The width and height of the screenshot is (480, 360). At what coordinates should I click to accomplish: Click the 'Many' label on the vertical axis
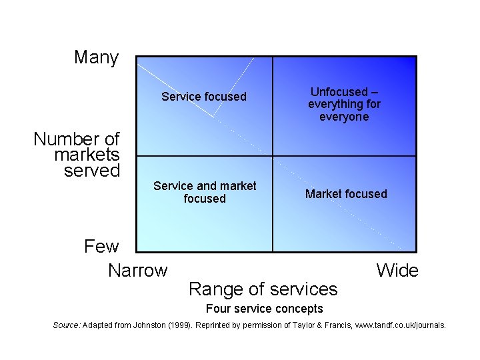pyautogui.click(x=96, y=57)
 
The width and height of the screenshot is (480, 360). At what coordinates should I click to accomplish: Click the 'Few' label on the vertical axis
pyautogui.click(x=101, y=247)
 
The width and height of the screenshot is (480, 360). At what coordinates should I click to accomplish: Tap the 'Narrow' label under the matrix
pyautogui.click(x=137, y=271)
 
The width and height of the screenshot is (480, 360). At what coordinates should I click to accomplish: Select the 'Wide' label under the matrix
pyautogui.click(x=397, y=271)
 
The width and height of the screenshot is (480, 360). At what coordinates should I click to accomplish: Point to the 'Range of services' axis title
pyautogui.click(x=263, y=289)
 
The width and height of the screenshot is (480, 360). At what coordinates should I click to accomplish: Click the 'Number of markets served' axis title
pyautogui.click(x=77, y=155)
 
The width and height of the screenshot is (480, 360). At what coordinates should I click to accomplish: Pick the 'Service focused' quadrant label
pyautogui.click(x=204, y=97)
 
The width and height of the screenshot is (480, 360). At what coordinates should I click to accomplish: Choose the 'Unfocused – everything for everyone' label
pyautogui.click(x=344, y=104)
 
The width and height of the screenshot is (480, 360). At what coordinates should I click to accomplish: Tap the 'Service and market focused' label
pyautogui.click(x=205, y=192)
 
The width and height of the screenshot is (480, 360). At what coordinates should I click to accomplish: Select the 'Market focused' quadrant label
pyautogui.click(x=346, y=194)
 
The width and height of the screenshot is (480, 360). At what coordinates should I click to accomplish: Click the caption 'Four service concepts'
pyautogui.click(x=265, y=309)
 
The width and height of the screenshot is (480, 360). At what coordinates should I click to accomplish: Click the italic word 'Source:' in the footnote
pyautogui.click(x=67, y=325)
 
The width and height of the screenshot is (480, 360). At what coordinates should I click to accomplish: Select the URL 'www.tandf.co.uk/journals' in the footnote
pyautogui.click(x=397, y=325)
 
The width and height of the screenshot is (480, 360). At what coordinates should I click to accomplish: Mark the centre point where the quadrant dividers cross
pyautogui.click(x=273, y=156)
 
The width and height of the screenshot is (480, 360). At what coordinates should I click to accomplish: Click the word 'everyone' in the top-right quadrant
pyautogui.click(x=344, y=117)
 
